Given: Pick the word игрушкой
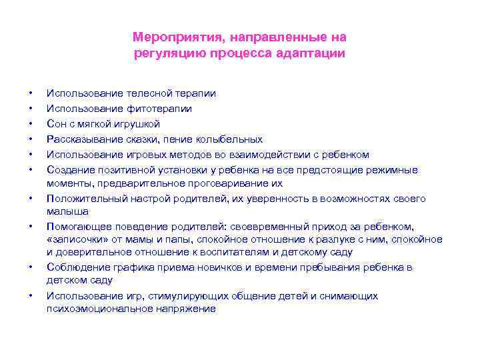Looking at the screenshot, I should click(x=137, y=124).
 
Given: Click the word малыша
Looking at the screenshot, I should click(x=67, y=211).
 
